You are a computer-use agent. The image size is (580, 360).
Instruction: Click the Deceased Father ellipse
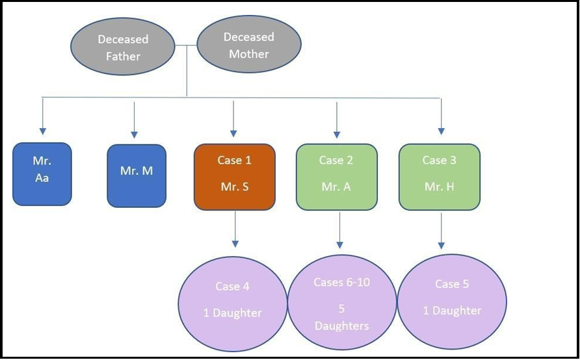(122, 47)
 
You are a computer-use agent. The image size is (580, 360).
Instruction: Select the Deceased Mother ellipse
(249, 44)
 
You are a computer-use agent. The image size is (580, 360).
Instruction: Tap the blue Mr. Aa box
(42, 174)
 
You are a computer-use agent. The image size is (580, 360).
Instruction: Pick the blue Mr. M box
(137, 175)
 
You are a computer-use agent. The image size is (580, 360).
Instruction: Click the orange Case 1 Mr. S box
(235, 177)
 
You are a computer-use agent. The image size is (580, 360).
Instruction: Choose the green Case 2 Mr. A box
(337, 177)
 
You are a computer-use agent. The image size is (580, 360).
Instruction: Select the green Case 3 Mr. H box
(440, 177)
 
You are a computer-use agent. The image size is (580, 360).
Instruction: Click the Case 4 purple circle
(233, 304)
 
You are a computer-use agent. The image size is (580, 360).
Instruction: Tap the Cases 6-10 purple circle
(342, 302)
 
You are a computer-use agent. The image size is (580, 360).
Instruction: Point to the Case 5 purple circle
(452, 302)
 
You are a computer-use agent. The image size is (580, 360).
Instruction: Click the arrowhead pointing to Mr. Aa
(42, 131)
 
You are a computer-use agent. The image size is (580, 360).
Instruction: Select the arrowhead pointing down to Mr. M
(135, 135)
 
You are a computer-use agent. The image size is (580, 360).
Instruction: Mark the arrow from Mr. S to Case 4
(235, 229)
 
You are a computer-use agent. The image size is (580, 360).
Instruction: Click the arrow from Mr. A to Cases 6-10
(339, 230)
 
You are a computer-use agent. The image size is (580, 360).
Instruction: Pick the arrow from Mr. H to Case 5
(441, 231)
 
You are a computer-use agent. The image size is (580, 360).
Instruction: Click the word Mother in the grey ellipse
(248, 54)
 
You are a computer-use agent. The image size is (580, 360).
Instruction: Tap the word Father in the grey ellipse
(123, 57)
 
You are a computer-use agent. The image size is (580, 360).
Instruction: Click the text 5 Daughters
(341, 317)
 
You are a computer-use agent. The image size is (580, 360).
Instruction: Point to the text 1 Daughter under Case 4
(233, 313)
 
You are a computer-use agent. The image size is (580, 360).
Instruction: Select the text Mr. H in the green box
(440, 186)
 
